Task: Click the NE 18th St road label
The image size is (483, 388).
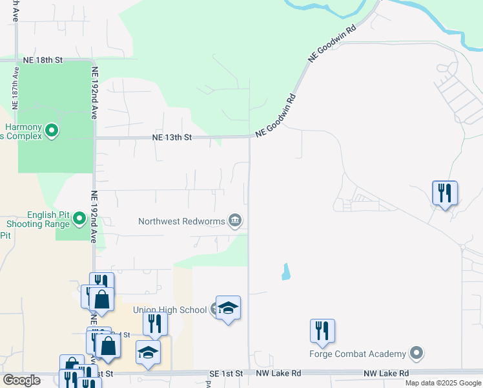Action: [x=43, y=59]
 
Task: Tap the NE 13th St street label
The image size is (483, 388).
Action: [x=172, y=137]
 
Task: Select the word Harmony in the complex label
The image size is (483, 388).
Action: [x=25, y=127]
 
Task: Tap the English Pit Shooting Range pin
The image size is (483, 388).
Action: [x=79, y=219]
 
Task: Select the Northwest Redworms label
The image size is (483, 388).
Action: [x=181, y=221]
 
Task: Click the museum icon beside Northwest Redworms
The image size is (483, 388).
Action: [x=235, y=221]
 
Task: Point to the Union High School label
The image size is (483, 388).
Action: [x=169, y=310]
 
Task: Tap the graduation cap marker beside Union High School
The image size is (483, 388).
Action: [x=227, y=308]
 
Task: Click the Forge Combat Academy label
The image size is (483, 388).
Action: [x=358, y=354]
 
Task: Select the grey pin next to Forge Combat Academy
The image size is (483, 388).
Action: [x=416, y=354]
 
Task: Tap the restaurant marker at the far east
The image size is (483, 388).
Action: [x=444, y=193]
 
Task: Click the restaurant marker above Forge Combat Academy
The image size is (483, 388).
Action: [x=322, y=331]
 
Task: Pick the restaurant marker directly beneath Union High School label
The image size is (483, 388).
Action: [x=155, y=323]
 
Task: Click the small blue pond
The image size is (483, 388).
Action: [x=285, y=272]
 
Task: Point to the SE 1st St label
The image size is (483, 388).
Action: [x=226, y=374]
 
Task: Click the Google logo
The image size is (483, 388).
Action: [x=21, y=380]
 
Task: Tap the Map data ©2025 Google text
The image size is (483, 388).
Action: [x=442, y=383]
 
